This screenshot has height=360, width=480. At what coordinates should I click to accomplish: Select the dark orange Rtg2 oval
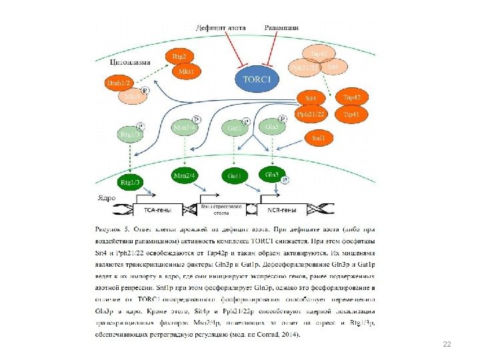pyautogui.click(x=179, y=56)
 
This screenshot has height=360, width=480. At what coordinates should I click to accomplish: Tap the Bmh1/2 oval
pyautogui.click(x=120, y=83)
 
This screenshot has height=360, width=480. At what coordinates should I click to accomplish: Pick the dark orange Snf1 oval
pyautogui.click(x=319, y=138)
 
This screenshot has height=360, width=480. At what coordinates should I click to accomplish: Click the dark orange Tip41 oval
pyautogui.click(x=351, y=114)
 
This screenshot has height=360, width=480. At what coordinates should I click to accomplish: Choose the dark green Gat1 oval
pyautogui.click(x=234, y=175)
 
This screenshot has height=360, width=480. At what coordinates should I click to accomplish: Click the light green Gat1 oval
pyautogui.click(x=234, y=127)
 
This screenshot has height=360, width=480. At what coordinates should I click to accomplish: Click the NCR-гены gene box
pyautogui.click(x=282, y=209)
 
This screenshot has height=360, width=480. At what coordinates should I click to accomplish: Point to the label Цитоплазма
pyautogui.click(x=128, y=61)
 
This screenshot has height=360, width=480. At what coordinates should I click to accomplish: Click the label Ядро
pyautogui.click(x=107, y=198)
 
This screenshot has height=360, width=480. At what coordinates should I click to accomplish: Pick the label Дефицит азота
pyautogui.click(x=221, y=27)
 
